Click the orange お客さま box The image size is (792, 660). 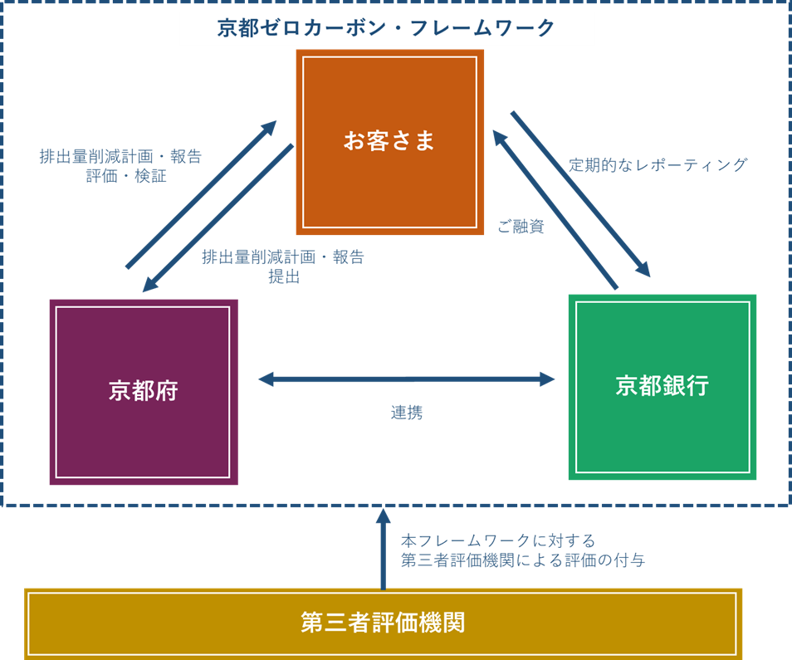pyautogui.click(x=389, y=142)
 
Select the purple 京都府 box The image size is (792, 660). pyautogui.click(x=144, y=392)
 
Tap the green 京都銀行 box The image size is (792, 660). pyautogui.click(x=662, y=387)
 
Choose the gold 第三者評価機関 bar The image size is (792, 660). pyautogui.click(x=383, y=623)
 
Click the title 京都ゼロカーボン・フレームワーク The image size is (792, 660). pyautogui.click(x=386, y=28)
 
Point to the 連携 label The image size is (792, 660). pyautogui.click(x=406, y=413)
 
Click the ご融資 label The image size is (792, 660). pyautogui.click(x=521, y=227)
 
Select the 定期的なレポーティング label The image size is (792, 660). pyautogui.click(x=658, y=164)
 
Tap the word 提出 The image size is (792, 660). pyautogui.click(x=283, y=276)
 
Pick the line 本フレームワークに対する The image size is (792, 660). pyautogui.click(x=497, y=541)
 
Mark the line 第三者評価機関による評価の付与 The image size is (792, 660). pyautogui.click(x=523, y=560)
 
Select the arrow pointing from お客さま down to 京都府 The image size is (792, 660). pyautogui.click(x=218, y=218)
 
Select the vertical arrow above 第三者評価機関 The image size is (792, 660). pyautogui.click(x=383, y=548)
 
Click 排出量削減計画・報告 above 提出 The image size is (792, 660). pyautogui.click(x=283, y=257)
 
